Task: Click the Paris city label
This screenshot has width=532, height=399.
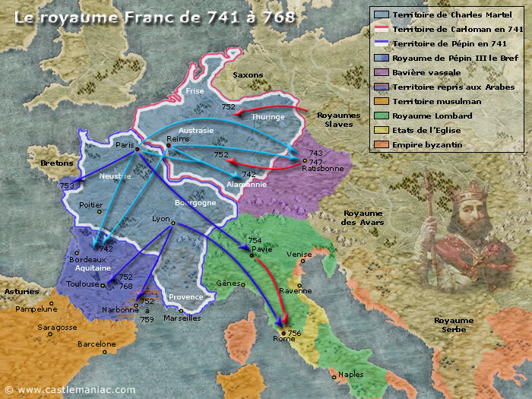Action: [x=124, y=144]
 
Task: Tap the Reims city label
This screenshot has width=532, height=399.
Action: [x=177, y=138]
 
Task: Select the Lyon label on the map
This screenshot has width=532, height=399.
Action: [x=161, y=218]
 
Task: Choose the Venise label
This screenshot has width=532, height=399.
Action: [x=299, y=255]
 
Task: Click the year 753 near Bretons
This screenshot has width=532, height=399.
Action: [x=67, y=185]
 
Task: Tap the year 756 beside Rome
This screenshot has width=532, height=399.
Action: [x=295, y=333]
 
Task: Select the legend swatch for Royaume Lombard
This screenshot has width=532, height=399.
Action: [x=381, y=116]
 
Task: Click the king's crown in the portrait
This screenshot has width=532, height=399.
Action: [x=464, y=190]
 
